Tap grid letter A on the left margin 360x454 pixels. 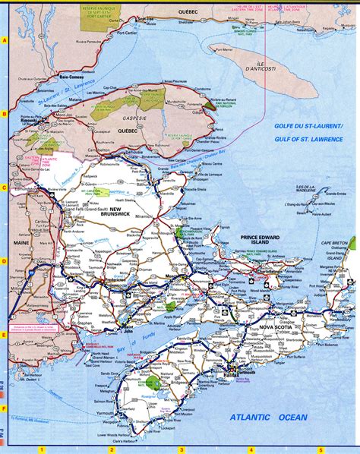(5, 40)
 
